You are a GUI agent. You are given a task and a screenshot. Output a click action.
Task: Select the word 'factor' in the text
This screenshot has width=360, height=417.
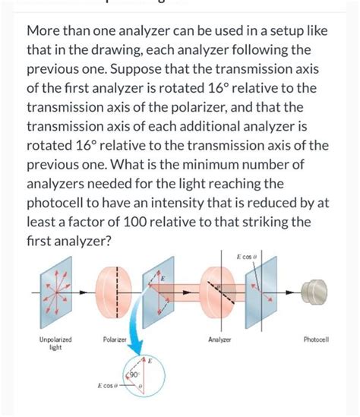click(108, 223)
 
